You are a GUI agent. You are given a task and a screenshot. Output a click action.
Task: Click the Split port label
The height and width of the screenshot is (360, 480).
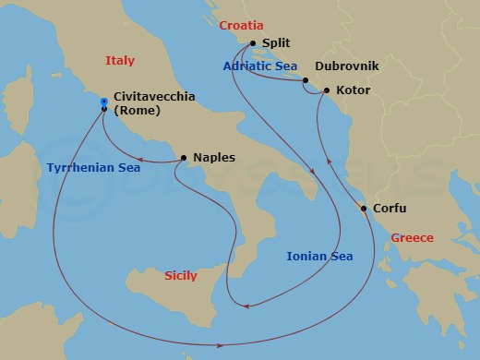click(x=278, y=43)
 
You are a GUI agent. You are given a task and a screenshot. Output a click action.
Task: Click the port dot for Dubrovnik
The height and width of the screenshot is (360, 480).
click(x=305, y=81)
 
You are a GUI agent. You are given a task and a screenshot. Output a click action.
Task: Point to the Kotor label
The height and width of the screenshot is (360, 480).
click(x=355, y=91)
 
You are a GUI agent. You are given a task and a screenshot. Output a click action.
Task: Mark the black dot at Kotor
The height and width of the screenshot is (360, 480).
click(x=324, y=91)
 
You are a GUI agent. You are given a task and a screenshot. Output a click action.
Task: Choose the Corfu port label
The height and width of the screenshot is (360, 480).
click(x=389, y=209)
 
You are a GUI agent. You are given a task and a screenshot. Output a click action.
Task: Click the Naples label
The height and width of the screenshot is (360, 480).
click(x=214, y=158)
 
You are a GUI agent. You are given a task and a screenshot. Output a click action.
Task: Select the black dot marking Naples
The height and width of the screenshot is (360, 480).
click(x=185, y=158)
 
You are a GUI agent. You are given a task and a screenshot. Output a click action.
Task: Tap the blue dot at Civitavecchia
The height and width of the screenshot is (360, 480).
click(x=103, y=102)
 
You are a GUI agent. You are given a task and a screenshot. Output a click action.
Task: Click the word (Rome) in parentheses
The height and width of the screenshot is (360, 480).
click(x=137, y=111)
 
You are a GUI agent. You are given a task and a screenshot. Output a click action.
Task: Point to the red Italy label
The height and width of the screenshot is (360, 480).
click(x=120, y=61)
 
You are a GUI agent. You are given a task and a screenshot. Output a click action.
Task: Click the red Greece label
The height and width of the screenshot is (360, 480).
click(x=412, y=238)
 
